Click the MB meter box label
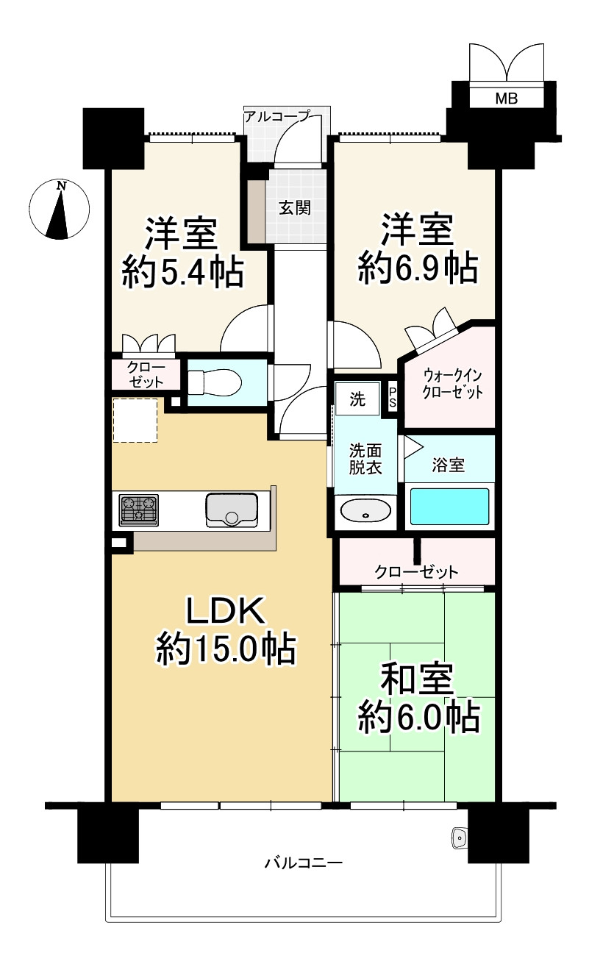(x=506, y=99)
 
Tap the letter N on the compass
(x=62, y=186)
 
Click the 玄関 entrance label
(x=295, y=208)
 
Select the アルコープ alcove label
(x=276, y=116)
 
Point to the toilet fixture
(x=215, y=382)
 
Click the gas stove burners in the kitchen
(x=138, y=510)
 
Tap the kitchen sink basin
(x=232, y=510)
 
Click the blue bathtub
(x=449, y=507)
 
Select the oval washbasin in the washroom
(x=365, y=512)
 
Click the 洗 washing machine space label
(x=357, y=399)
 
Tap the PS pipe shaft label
(x=393, y=398)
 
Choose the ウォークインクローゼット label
(x=452, y=384)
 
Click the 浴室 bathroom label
(x=448, y=465)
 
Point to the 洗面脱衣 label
(x=365, y=459)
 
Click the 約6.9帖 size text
(x=418, y=269)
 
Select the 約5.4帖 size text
(x=183, y=272)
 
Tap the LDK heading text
(x=225, y=611)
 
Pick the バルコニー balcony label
(x=303, y=863)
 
